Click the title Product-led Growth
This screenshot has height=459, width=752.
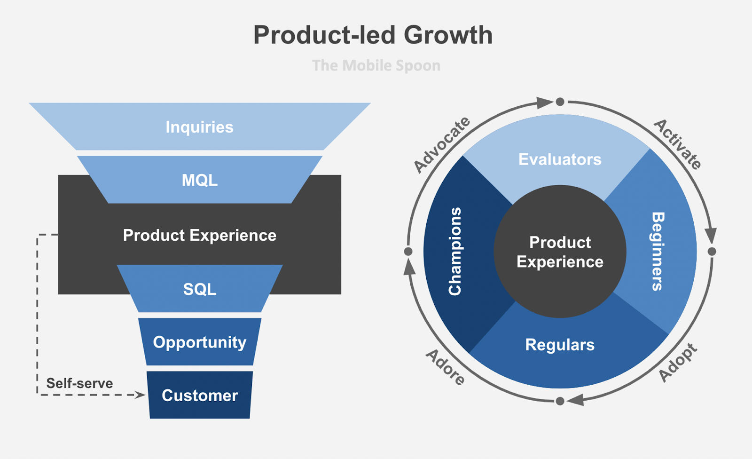click(373, 35)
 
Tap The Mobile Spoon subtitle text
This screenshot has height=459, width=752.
click(376, 65)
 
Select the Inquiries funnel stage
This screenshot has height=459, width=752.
click(199, 127)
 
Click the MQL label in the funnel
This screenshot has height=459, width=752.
click(200, 180)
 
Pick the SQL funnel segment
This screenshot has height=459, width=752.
click(200, 289)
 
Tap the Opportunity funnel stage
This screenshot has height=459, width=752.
click(200, 342)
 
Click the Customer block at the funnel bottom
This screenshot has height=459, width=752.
click(200, 395)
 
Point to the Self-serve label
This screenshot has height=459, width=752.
click(79, 383)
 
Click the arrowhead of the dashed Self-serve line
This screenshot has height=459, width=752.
click(141, 395)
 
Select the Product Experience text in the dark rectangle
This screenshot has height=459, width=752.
click(200, 235)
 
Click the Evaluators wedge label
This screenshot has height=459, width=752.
click(560, 159)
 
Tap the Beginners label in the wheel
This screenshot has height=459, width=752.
click(658, 252)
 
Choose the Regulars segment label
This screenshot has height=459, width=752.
click(560, 345)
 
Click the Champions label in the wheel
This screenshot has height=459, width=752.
click(455, 252)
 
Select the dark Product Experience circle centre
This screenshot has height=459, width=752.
click(560, 252)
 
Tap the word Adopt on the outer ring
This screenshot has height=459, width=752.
click(678, 363)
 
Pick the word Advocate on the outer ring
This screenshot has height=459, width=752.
click(442, 144)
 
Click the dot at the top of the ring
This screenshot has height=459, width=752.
click(560, 102)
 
